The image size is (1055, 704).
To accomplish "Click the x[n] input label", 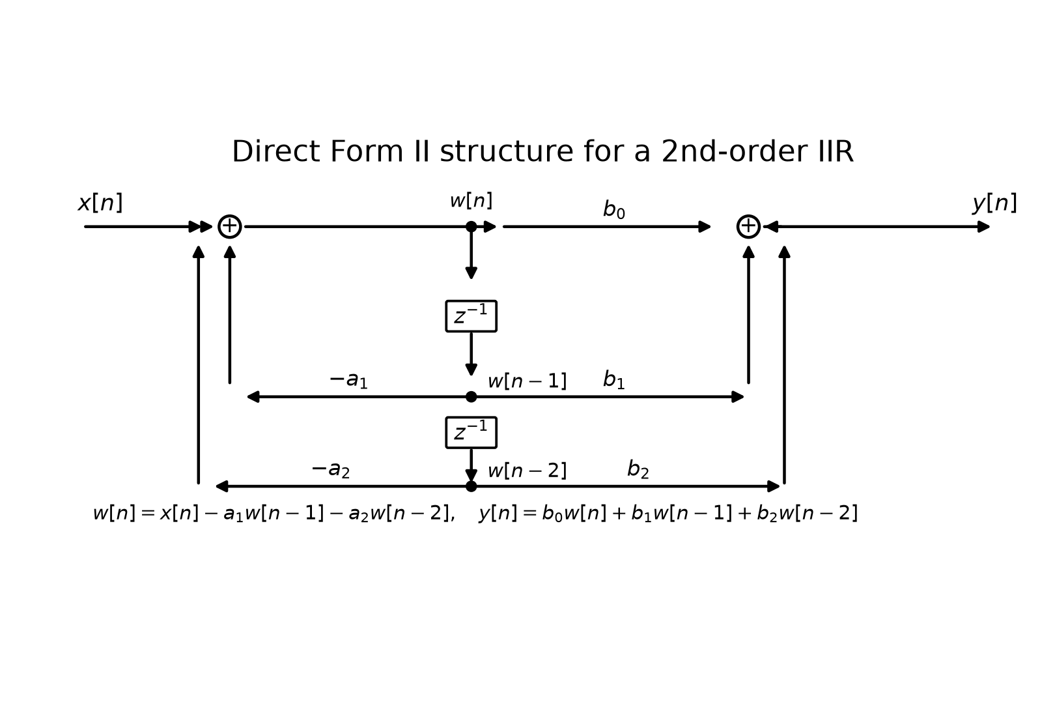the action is point(100,203).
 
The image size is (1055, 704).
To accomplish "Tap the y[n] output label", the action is point(994,203).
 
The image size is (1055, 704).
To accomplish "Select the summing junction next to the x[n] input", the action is point(230,227).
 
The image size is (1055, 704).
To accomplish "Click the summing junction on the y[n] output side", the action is point(748,227).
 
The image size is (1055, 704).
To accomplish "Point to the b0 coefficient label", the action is point(613,209).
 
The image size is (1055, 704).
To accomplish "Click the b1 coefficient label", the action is point(613,379).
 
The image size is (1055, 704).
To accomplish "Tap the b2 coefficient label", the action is point(638,469).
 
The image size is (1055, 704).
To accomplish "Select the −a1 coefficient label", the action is point(348,380).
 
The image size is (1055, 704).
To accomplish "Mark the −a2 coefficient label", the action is point(331,469).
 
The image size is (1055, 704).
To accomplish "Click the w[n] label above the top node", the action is point(471,201).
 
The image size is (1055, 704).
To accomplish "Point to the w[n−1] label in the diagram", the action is point(527,381).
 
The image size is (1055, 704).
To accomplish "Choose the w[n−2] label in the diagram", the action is point(527,471).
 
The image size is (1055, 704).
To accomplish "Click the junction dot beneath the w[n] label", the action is point(471,227).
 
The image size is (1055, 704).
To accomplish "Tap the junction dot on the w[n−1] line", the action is point(471,397).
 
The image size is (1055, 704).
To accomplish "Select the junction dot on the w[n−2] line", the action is point(471,486).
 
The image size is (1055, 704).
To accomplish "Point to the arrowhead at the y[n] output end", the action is point(983,227).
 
